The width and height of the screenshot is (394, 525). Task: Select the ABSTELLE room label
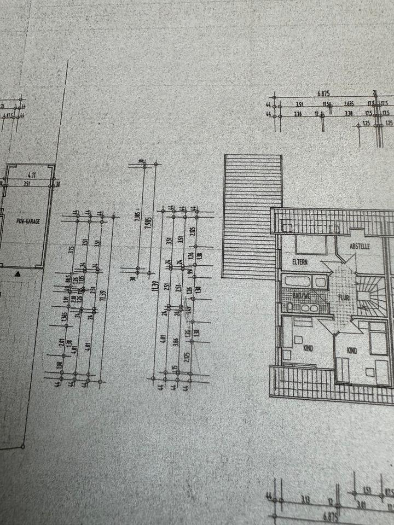coord(361,246)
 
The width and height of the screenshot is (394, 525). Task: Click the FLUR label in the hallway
coord(343,299)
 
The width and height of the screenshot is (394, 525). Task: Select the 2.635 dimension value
coord(349,103)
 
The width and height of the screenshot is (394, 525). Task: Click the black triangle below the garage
coord(19,272)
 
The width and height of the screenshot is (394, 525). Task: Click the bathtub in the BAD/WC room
coord(305,283)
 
